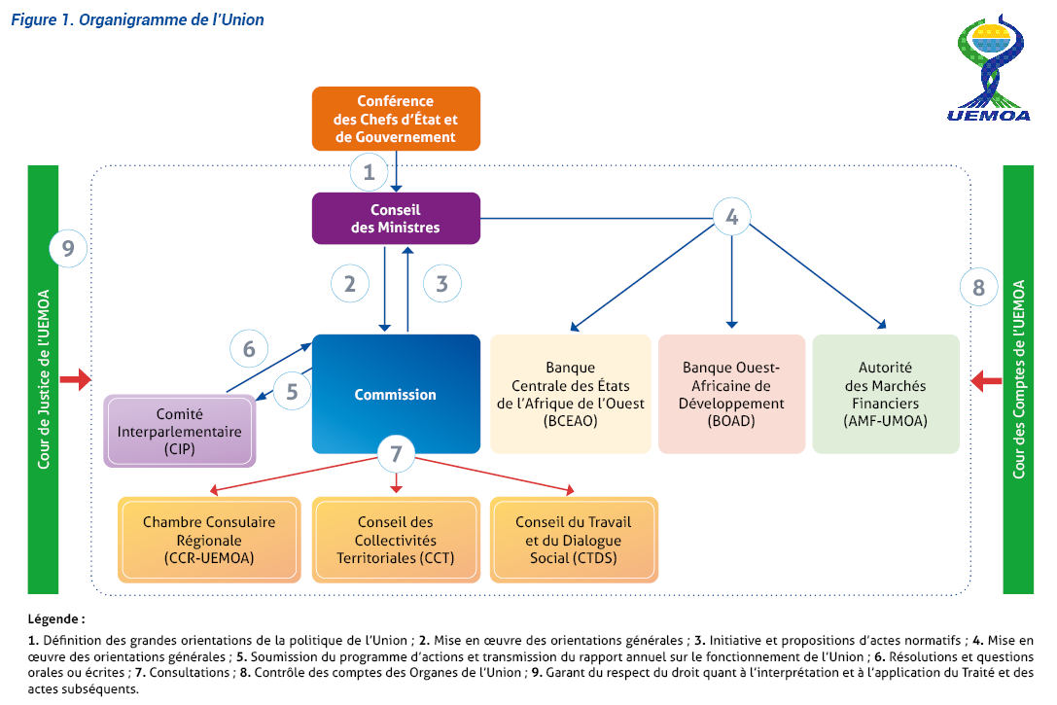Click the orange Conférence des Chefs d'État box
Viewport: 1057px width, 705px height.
point(396,119)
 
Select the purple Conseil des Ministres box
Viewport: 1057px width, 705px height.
point(396,218)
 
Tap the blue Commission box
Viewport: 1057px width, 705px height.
point(396,394)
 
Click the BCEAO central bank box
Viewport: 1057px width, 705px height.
point(571,394)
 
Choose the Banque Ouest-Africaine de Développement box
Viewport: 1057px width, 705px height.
point(731,394)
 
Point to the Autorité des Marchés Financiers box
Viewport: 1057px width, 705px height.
point(885,394)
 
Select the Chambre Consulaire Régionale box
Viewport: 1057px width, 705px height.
point(209,540)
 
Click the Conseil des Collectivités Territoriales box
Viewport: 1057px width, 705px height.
point(396,540)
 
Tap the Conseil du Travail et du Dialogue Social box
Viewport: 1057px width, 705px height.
point(574,540)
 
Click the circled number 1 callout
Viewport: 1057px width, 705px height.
point(369,173)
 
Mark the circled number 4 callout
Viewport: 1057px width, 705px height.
point(732,217)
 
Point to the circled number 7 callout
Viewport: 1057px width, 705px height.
point(395,453)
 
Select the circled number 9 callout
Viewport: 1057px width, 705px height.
point(68,249)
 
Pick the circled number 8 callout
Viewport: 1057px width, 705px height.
point(978,287)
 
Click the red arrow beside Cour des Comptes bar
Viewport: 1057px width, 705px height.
point(987,379)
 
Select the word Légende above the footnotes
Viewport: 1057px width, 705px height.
point(56,618)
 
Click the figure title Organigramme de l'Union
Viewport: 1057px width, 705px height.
point(137,19)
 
